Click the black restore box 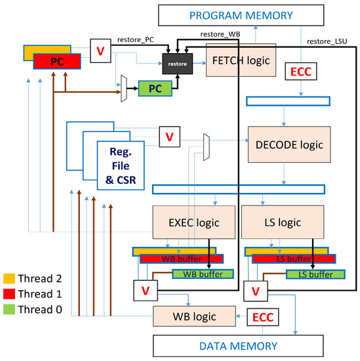coord(178,65)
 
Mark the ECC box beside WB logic coord(265,318)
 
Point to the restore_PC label coord(135,38)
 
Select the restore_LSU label coord(326,41)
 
